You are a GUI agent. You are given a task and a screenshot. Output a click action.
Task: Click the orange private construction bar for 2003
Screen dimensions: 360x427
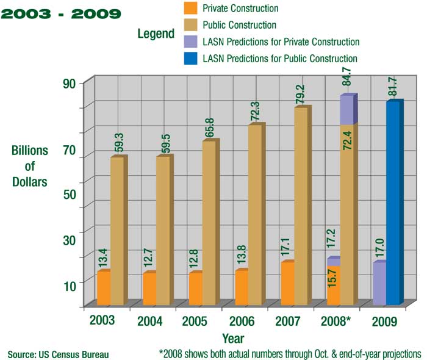(x=104, y=287)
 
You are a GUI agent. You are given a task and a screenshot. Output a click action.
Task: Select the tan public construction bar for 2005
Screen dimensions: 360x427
(x=209, y=223)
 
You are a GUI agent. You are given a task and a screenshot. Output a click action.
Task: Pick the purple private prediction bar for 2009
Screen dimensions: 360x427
(x=379, y=284)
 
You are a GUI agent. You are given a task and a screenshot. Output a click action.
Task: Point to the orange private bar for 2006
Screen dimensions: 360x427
(x=242, y=287)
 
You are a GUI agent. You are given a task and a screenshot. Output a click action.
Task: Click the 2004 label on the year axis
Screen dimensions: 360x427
(x=149, y=321)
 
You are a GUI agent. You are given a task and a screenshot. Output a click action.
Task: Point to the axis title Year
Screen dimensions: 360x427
(x=233, y=338)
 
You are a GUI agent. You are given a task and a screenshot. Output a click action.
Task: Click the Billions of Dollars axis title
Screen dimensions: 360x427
(x=30, y=165)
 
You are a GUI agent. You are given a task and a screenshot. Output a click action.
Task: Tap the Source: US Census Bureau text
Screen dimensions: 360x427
(x=59, y=353)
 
